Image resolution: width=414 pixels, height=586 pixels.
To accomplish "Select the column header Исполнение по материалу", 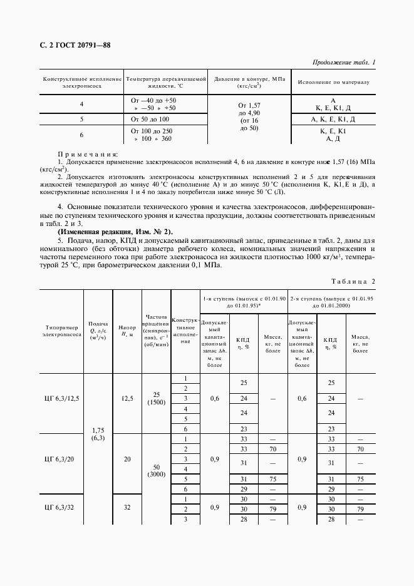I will (334, 82).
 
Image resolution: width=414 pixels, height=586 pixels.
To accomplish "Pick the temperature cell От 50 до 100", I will (150, 118).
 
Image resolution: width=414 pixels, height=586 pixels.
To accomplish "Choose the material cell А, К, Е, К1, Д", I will (333, 118).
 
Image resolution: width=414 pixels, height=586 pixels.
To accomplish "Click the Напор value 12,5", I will (127, 398).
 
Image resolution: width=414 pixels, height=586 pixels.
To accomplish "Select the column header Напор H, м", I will (127, 332).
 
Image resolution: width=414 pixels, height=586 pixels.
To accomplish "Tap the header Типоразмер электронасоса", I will (62, 331).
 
